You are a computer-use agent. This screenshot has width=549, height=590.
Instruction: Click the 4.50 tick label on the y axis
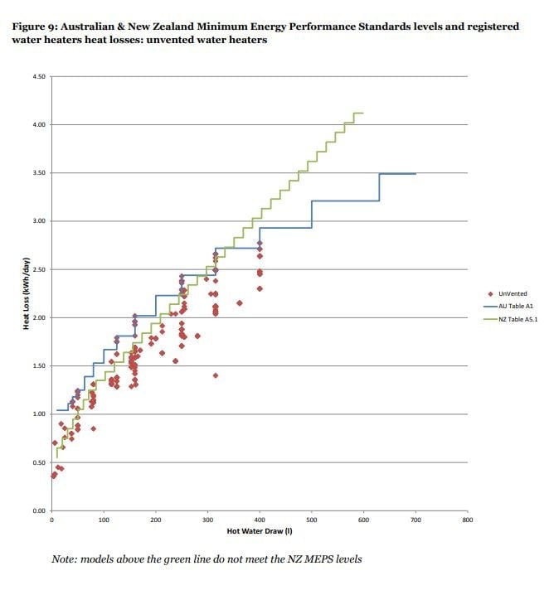pyautogui.click(x=39, y=77)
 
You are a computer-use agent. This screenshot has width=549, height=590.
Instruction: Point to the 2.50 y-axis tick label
pyautogui.click(x=39, y=270)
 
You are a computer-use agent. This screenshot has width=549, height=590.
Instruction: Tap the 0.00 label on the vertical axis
pyautogui.click(x=39, y=511)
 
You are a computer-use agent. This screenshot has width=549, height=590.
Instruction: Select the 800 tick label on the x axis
pyautogui.click(x=467, y=520)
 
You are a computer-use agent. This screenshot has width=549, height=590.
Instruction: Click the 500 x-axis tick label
pyautogui.click(x=311, y=520)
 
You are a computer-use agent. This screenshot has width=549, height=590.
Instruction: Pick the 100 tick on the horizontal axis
pyautogui.click(x=104, y=520)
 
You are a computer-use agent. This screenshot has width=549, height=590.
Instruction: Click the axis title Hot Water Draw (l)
pyautogui.click(x=260, y=531)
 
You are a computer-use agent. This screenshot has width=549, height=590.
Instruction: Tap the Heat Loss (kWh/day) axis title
pyautogui.click(x=26, y=293)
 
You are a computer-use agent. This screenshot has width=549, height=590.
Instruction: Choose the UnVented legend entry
pyautogui.click(x=508, y=294)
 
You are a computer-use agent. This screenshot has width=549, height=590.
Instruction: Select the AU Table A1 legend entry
pyautogui.click(x=508, y=307)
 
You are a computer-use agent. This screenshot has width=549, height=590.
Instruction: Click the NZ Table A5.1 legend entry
pyautogui.click(x=511, y=320)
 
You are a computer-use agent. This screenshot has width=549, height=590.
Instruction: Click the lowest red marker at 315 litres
pyautogui.click(x=216, y=375)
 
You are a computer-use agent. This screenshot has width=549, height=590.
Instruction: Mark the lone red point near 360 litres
pyautogui.click(x=240, y=303)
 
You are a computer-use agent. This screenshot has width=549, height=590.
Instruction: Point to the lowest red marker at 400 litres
pyautogui.click(x=260, y=288)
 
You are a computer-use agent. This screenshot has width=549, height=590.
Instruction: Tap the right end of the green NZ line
pyautogui.click(x=363, y=113)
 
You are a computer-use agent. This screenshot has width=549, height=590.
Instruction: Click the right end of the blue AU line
pyautogui.click(x=415, y=174)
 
